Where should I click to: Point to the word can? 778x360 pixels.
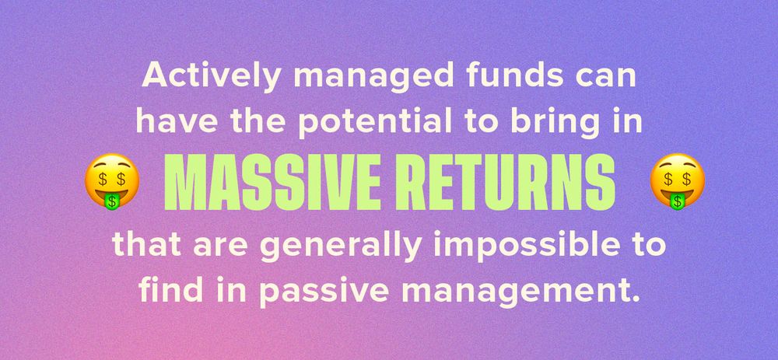(604, 79)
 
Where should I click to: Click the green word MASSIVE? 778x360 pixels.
(269, 181)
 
